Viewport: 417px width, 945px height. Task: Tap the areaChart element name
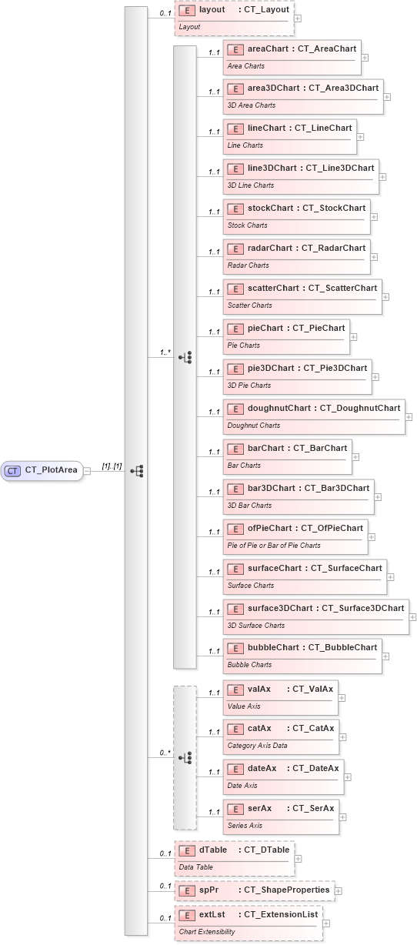[268, 48]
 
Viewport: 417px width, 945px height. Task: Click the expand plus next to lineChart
[360, 137]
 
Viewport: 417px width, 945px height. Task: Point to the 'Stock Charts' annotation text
[248, 225]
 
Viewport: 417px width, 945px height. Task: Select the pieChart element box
[285, 336]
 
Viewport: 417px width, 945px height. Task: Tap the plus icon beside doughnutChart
[409, 417]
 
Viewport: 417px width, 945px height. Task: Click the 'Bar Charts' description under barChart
[244, 466]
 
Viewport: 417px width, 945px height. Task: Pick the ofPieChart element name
[269, 528]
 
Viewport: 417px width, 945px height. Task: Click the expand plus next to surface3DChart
[412, 617]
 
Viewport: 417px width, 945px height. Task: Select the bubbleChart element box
[302, 656]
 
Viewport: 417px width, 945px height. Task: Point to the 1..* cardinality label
[165, 352]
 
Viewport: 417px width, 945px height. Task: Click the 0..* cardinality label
[165, 753]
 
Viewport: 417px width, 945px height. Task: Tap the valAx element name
[259, 688]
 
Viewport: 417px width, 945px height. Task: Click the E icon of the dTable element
[187, 850]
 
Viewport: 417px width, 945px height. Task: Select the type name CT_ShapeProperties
[285, 890]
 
